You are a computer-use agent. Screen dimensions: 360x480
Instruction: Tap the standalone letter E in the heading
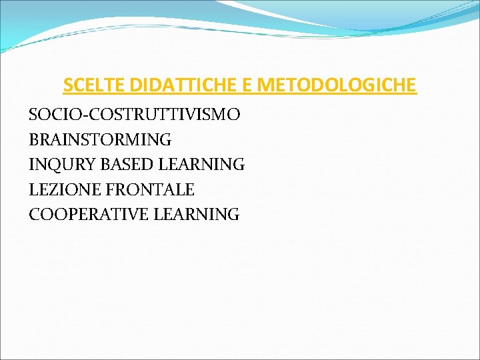(248, 85)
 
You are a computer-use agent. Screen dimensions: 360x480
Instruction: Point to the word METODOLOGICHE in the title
(337, 85)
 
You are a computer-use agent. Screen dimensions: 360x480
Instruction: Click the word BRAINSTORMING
(100, 140)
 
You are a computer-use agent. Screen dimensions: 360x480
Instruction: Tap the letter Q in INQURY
(55, 165)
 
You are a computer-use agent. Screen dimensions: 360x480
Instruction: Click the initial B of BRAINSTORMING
(34, 140)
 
